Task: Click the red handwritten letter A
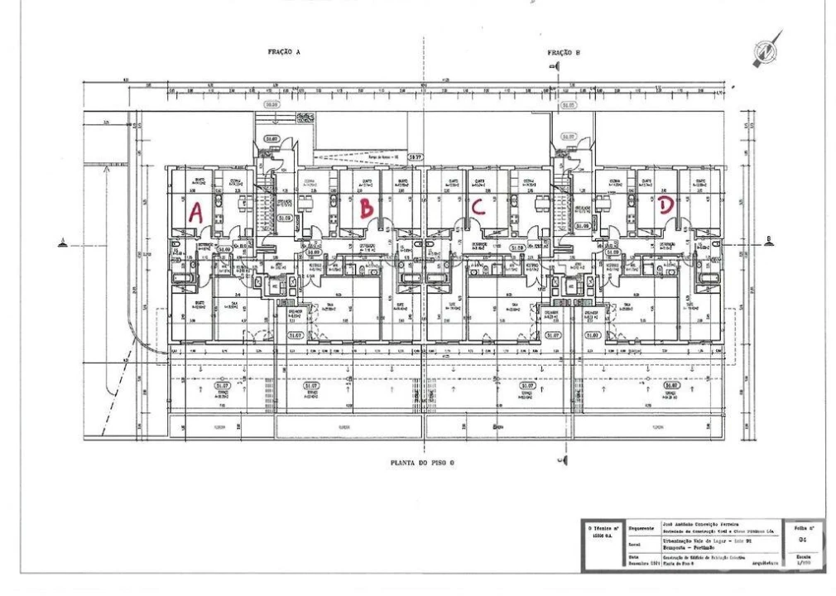coord(195,211)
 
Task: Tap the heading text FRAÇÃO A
coord(283,51)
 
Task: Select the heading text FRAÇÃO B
coord(564,52)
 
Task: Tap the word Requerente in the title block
coord(641,527)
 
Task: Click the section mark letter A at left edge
coord(62,242)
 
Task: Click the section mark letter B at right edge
coord(770,241)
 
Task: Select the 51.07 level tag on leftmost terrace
coord(221,385)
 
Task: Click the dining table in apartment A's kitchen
coord(243,201)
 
